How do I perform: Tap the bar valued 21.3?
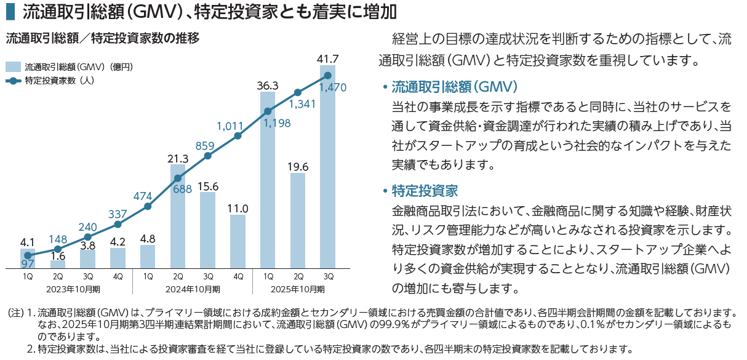tap(178, 216)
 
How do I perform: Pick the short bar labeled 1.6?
tap(58, 264)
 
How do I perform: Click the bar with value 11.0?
tap(238, 241)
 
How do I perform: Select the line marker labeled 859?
tap(208, 156)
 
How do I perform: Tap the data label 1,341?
tap(302, 104)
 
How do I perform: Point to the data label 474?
tap(142, 196)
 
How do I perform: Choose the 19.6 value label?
tap(298, 166)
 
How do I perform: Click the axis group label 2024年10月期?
tap(192, 289)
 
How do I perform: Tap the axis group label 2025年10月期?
tap(297, 289)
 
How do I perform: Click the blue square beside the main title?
tap(9, 12)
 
